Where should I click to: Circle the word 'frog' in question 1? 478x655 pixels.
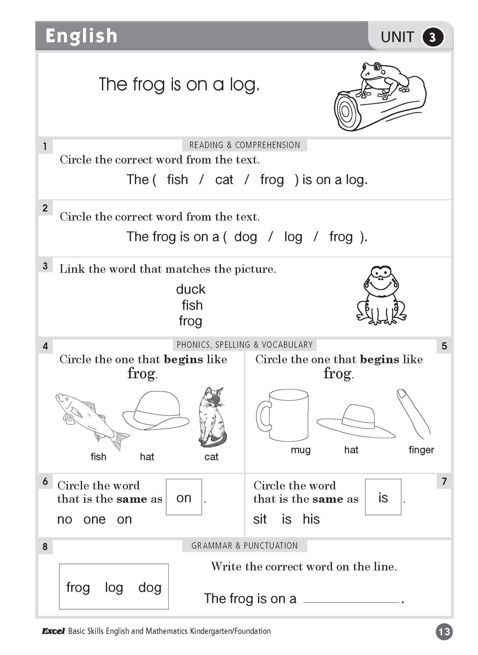pos(272,180)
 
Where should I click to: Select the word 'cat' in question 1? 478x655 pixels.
pos(224,180)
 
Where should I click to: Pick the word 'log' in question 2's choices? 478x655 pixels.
pos(293,237)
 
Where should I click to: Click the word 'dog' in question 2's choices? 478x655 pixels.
pos(245,237)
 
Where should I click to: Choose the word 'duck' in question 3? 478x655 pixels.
pos(191,289)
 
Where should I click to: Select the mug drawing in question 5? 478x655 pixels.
pos(283,415)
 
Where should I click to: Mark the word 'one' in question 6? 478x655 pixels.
pos(95,519)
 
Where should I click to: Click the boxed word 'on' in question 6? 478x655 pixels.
pos(184,498)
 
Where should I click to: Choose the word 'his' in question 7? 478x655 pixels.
pos(311,519)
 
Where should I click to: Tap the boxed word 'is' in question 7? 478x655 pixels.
pos(383,497)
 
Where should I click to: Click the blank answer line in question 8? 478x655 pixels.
pos(351,601)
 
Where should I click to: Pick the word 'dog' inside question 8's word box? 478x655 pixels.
pos(150,587)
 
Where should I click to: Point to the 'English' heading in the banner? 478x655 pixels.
pos(81,36)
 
